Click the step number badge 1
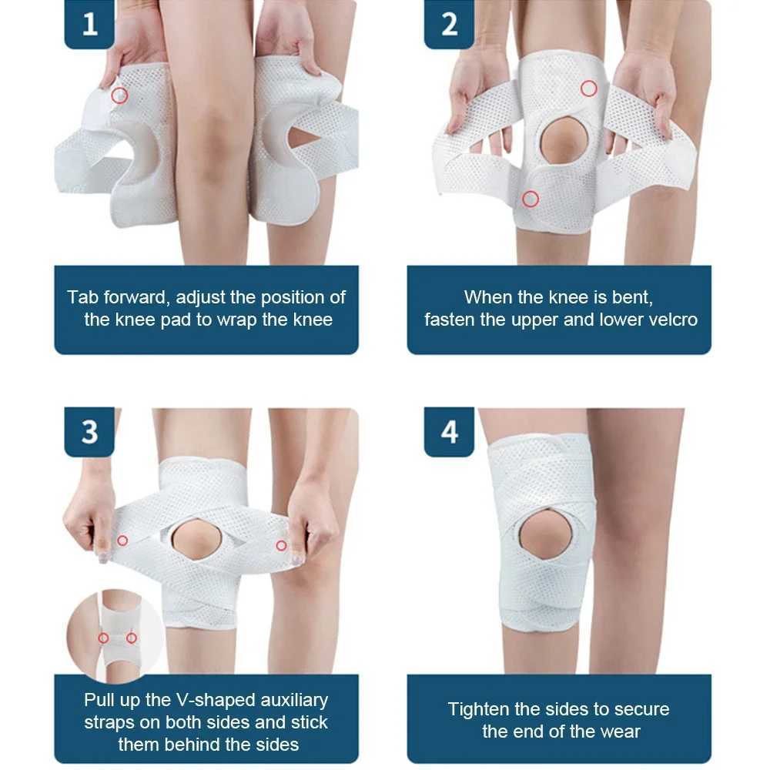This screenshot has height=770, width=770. click(x=90, y=25)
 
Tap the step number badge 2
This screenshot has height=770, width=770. click(x=450, y=25)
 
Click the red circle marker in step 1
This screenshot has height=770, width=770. click(x=119, y=95)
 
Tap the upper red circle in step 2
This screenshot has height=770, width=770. click(x=589, y=89)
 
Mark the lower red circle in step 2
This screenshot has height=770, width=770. click(x=530, y=199)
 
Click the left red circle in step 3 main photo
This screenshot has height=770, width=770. click(x=122, y=541)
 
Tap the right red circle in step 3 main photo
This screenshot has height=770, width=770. click(x=281, y=545)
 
